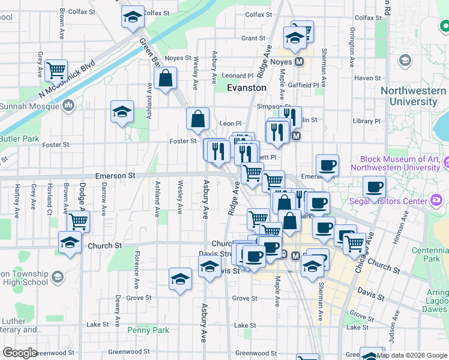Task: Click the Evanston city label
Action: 247,88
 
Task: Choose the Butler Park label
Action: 20,139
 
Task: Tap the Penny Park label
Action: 148,330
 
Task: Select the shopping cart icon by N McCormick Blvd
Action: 56,70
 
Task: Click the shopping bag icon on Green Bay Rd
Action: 164,78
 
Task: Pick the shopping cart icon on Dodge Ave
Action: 78,221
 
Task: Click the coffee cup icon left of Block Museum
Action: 327,165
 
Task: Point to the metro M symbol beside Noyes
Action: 298,62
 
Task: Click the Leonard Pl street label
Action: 238,76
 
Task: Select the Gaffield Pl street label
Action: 306,85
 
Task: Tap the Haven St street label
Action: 368,78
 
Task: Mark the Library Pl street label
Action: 367,121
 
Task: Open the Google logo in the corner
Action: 20,353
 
